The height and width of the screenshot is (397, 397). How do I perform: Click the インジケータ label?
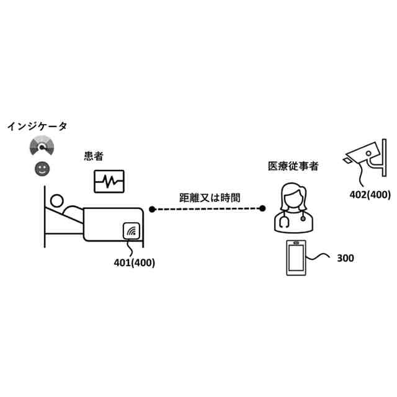click(x=37, y=127)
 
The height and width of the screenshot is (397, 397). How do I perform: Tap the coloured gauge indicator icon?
click(x=42, y=147)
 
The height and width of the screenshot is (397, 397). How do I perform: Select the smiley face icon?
click(x=42, y=168)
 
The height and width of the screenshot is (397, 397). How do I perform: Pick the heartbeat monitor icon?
click(x=109, y=182)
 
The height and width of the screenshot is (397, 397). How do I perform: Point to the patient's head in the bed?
click(x=57, y=201)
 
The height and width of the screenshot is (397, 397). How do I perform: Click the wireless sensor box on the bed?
click(x=132, y=233)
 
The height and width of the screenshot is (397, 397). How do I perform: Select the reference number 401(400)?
click(x=135, y=262)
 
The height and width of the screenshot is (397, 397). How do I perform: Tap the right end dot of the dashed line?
click(x=263, y=209)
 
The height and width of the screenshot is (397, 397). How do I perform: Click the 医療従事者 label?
click(x=293, y=166)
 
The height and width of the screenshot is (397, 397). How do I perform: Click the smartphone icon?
click(x=295, y=257)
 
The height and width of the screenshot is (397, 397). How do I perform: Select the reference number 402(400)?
click(x=370, y=195)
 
